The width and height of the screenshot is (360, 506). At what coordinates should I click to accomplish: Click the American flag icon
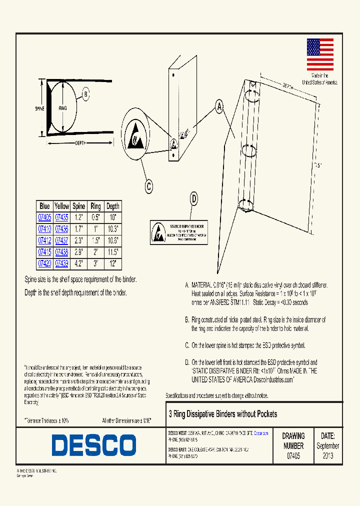tap(319, 55)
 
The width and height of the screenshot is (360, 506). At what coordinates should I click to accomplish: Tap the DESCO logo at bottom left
tap(94, 445)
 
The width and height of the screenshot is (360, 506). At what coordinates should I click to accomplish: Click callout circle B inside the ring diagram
tap(85, 93)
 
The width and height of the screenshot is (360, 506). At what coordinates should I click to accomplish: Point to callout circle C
tap(148, 187)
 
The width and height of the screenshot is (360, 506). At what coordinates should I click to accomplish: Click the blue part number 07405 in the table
tap(44, 217)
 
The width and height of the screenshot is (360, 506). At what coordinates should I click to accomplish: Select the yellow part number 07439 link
tap(61, 263)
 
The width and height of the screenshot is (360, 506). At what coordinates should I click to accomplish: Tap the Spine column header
tap(79, 206)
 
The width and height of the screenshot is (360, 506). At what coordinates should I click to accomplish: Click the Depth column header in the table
tap(113, 206)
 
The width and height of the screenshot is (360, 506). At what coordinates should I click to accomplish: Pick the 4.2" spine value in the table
tap(79, 263)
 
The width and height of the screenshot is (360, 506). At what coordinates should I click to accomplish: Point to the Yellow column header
tap(61, 206)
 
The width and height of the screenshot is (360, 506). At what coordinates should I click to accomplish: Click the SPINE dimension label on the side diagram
tap(40, 108)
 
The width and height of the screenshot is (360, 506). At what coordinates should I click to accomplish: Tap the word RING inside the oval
tap(62, 108)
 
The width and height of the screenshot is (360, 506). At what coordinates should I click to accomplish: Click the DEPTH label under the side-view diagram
tap(80, 143)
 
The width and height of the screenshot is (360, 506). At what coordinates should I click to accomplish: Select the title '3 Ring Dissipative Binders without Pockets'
tap(222, 414)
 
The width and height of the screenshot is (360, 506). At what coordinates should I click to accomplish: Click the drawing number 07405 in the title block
tap(293, 456)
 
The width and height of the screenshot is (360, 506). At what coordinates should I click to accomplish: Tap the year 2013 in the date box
tap(328, 456)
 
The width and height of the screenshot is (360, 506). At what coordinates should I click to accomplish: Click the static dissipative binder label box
tap(179, 232)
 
